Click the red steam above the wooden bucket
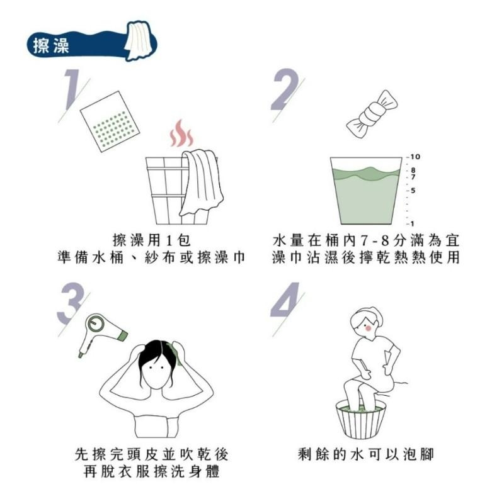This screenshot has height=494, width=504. coord(181,133)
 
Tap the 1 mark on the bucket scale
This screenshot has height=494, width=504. coord(411,223)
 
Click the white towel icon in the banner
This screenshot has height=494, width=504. coord(137,40)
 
